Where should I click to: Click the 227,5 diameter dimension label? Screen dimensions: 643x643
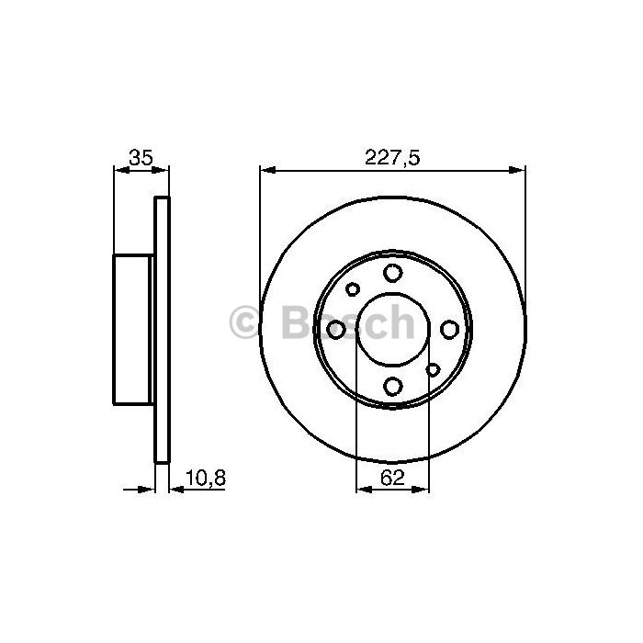[x=392, y=157]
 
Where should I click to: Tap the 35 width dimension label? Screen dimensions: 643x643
[x=141, y=157]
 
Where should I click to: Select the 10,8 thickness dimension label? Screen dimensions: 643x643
[x=206, y=478]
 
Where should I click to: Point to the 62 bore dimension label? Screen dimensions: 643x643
[x=392, y=478]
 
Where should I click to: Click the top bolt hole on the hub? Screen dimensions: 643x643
[x=392, y=273]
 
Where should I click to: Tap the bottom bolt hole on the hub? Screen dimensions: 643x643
[x=392, y=387]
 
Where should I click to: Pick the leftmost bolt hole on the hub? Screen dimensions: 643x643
[x=336, y=329]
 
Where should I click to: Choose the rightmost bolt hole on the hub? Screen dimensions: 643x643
[x=449, y=329]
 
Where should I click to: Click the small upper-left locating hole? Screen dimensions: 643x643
[x=352, y=289]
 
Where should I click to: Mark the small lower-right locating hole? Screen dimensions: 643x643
[x=433, y=369]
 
